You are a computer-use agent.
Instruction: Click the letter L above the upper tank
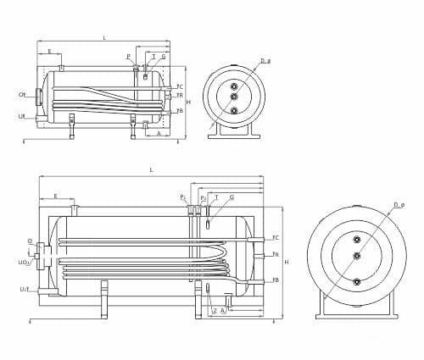(103, 38)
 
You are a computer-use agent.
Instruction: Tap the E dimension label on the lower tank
(55, 196)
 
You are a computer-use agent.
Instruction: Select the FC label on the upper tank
(180, 87)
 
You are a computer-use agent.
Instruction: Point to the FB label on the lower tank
(276, 280)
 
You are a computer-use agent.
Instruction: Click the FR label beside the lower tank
(276, 255)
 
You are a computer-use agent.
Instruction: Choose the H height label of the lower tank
(286, 262)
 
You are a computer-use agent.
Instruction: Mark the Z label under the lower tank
(214, 311)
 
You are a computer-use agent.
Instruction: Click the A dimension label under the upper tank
(159, 133)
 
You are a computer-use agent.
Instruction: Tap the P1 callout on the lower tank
(182, 196)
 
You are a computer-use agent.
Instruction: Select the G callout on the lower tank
(232, 196)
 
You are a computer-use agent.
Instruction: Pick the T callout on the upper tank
(153, 56)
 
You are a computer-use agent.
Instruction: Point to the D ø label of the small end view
(265, 61)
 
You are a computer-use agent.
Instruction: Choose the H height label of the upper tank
(187, 102)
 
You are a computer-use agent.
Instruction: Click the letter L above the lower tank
(151, 169)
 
